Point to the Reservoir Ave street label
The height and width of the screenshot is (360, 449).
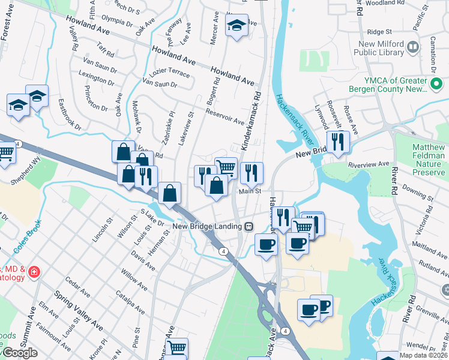tap(224, 116)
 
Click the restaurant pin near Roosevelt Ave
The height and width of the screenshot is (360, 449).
tap(339, 142)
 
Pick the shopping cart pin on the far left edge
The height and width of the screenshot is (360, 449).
tap(5, 152)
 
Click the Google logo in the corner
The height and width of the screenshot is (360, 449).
tap(19, 353)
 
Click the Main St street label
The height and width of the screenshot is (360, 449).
tap(250, 191)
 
